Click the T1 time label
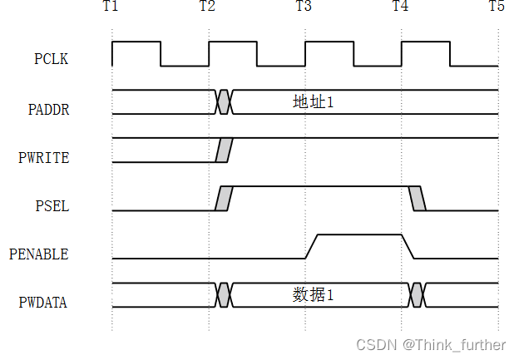pos(111,7)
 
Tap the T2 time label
pos(208,7)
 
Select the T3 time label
pos(304,7)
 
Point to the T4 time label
pos(401,7)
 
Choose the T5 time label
pos(497,7)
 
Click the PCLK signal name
pos(51,59)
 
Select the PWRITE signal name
pos(45,156)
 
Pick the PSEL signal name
pos(51,205)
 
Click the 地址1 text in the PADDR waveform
pos(314,102)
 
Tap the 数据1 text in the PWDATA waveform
pos(314,295)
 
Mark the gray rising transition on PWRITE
pos(223,150)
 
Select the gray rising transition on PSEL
pos(224,199)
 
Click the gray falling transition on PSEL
pos(418,199)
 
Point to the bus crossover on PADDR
pos(224,102)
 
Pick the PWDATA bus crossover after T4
pos(418,295)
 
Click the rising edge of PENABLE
pos(312,247)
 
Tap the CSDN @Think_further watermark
pos(431,344)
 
